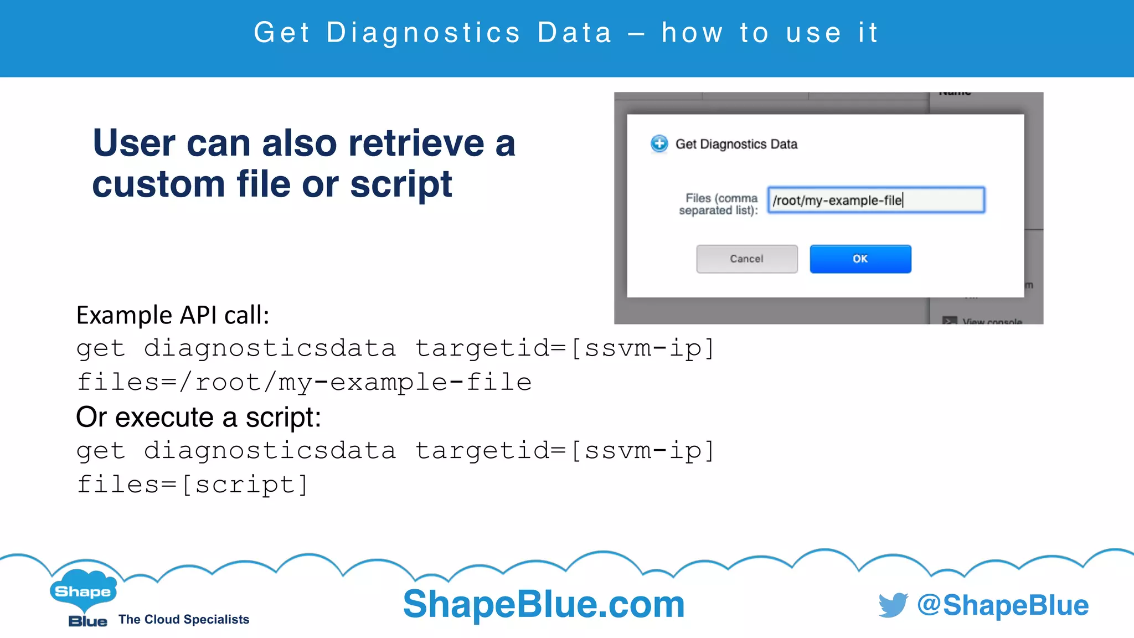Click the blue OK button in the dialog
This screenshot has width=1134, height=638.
[860, 259]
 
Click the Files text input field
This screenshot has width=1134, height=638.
[875, 200]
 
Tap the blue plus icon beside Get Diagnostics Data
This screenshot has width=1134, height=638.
[659, 144]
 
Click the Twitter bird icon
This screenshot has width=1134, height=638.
[893, 605]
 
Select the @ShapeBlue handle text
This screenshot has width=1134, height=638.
[1003, 605]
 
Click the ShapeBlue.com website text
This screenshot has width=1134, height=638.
[544, 604]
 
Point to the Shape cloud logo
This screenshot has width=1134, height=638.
[83, 590]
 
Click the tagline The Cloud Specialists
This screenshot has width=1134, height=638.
[184, 619]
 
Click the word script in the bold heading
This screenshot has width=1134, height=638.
[401, 184]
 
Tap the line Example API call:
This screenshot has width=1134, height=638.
[173, 315]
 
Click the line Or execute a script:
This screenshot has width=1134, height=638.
[198, 417]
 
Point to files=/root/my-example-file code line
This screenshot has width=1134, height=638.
[304, 382]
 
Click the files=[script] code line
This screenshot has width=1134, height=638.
[192, 485]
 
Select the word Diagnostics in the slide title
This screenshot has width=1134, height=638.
[424, 33]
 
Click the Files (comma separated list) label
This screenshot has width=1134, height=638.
[719, 204]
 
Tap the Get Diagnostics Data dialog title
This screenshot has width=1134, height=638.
[736, 144]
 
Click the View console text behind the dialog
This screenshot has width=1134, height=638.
[992, 321]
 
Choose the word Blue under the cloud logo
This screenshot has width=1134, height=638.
[87, 621]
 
